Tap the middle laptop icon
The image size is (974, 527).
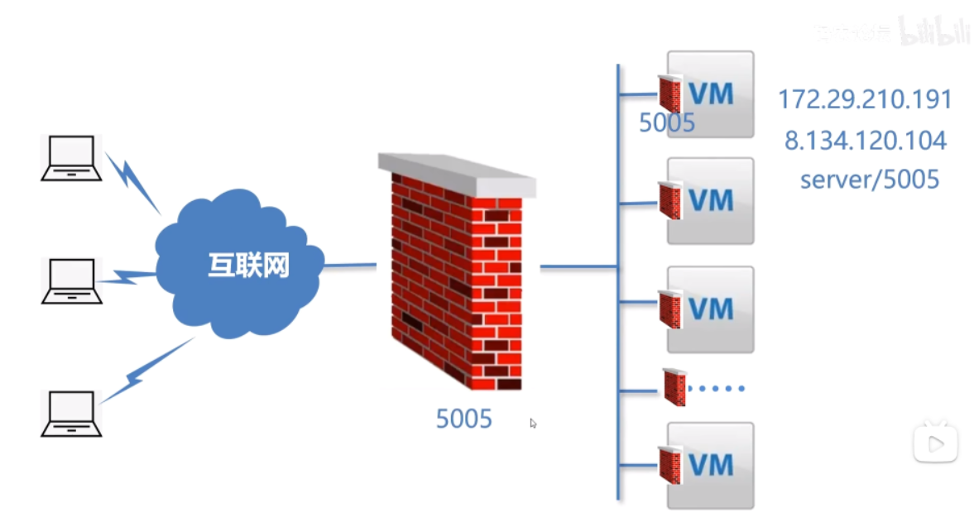tap(72, 280)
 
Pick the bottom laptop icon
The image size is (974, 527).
tap(72, 414)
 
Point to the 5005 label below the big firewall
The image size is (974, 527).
tap(463, 419)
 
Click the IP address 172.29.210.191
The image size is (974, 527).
tap(865, 100)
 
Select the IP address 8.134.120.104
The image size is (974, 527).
tap(866, 141)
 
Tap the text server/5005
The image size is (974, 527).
tap(870, 180)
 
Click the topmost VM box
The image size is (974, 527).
tap(712, 93)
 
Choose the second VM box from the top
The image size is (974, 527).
tap(712, 200)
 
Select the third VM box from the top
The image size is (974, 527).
tap(712, 309)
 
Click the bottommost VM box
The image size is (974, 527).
tap(712, 464)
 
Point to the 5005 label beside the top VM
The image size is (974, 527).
tap(667, 123)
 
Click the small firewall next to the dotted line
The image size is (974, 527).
tap(674, 387)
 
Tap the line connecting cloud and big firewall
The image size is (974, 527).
tap(350, 266)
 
